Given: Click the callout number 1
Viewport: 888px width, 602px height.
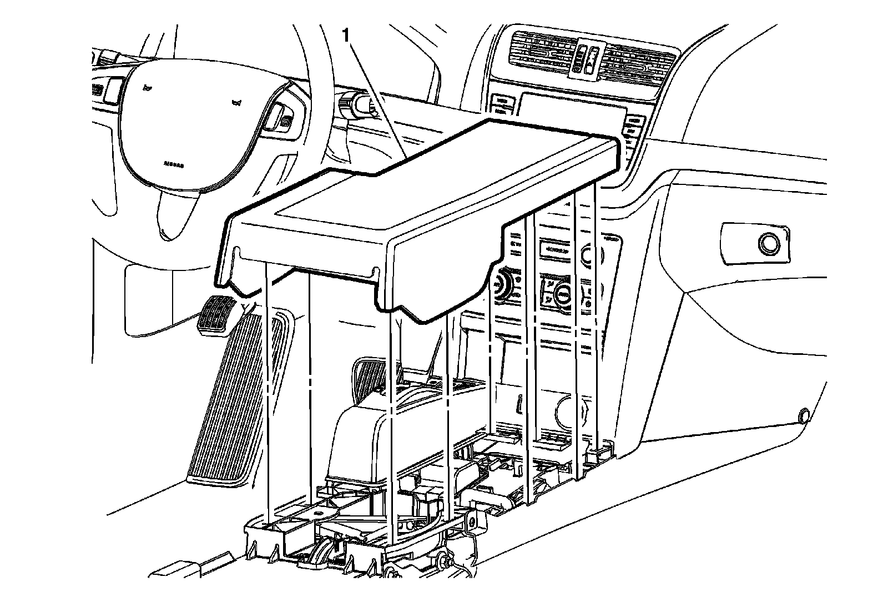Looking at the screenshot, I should pyautogui.click(x=346, y=36).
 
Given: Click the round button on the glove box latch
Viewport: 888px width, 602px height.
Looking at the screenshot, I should pyautogui.click(x=769, y=244).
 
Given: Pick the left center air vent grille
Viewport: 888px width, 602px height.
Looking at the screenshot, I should pyautogui.click(x=538, y=53).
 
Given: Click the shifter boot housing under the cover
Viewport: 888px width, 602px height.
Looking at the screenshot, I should pyautogui.click(x=361, y=439).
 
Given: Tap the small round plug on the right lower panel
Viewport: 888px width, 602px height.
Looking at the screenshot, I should pyautogui.click(x=803, y=414).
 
